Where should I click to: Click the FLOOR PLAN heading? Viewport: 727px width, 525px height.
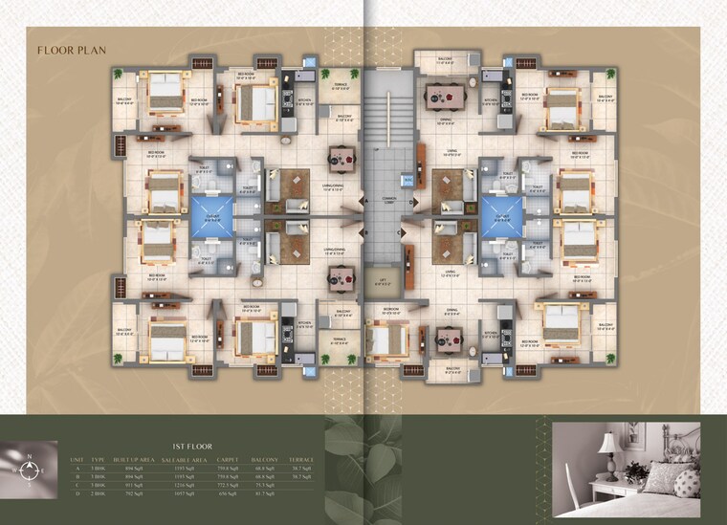click(72, 50)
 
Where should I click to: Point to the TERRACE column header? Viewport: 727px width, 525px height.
click(305, 460)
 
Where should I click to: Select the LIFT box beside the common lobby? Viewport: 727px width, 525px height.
click(382, 281)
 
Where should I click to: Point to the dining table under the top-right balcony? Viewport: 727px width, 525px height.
click(443, 95)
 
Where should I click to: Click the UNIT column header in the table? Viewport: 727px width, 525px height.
click(77, 460)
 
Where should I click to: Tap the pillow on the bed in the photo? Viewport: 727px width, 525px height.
click(686, 481)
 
